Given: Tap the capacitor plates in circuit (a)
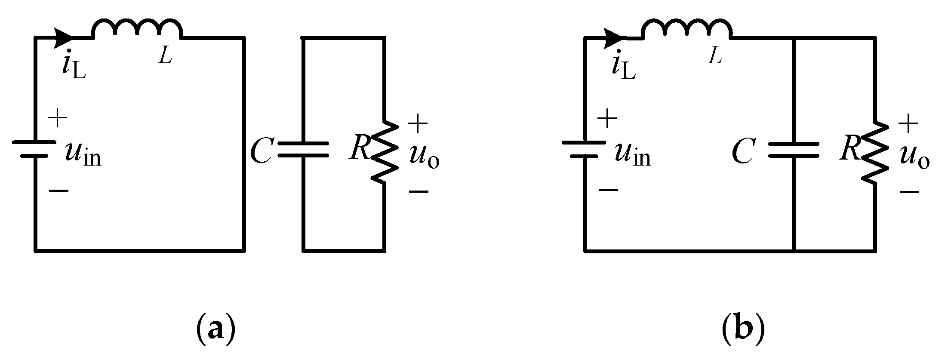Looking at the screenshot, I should pos(304,150).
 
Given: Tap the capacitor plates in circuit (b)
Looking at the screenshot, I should pos(794,150).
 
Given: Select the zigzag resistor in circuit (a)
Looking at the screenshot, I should pos(384,151).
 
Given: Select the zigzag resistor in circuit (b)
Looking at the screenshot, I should pos(875,151).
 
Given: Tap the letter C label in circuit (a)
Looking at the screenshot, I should pos(261,152).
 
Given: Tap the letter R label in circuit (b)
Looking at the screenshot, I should pos(849,148).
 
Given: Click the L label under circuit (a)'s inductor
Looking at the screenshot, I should pos(165,56).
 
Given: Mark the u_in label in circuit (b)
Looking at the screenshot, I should pos(632,154).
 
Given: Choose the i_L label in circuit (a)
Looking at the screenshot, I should pos(73,67).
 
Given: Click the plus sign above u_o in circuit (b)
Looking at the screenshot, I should pos(908,124).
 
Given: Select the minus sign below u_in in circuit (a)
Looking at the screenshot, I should pos(58,190).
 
